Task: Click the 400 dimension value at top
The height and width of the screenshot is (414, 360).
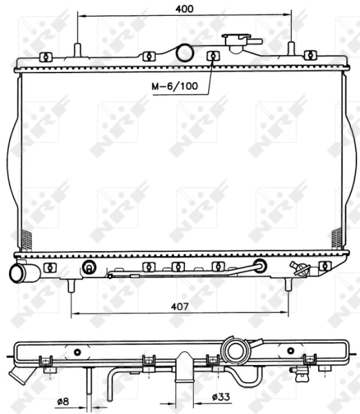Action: click(183, 8)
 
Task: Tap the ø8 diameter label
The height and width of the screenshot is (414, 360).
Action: click(62, 400)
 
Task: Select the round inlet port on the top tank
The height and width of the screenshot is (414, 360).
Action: click(184, 52)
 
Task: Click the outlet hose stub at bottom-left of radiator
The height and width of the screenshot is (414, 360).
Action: click(19, 273)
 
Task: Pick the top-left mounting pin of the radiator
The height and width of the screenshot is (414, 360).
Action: click(77, 50)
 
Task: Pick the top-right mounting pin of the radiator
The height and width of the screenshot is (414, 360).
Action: click(291, 50)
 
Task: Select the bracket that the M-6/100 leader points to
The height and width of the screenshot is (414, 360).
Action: click(213, 56)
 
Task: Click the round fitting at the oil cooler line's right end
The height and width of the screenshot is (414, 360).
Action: click(261, 266)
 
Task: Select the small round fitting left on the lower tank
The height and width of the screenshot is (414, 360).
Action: click(89, 268)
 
